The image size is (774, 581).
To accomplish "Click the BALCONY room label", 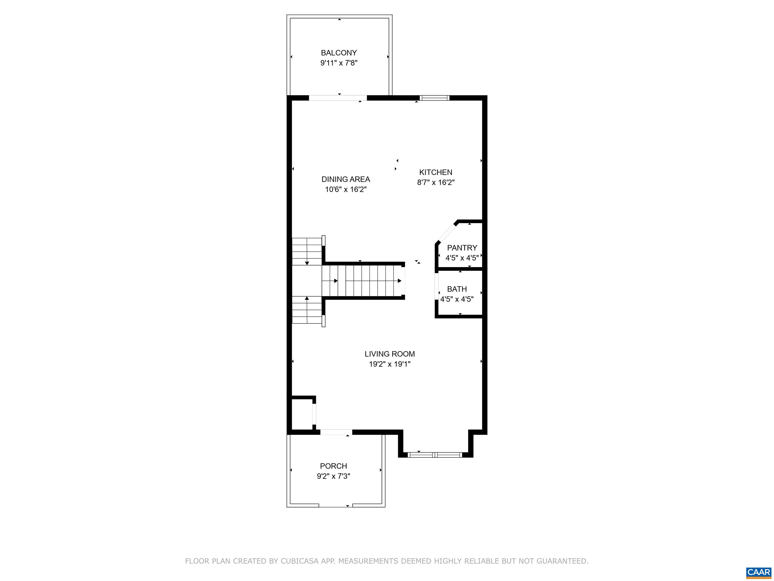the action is coord(339,53).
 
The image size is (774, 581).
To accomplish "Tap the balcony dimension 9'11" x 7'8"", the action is coord(339,63).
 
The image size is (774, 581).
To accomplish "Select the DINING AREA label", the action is coord(346,179).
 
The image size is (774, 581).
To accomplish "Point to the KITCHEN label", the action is coord(436,172).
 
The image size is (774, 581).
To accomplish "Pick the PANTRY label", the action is coord(462,248).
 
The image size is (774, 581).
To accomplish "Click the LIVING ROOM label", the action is coord(390,354).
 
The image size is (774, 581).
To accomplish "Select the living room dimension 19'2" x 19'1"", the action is coord(390,364).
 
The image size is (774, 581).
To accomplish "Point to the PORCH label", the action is coord(334,466).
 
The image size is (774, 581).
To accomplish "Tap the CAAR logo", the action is coord(759,572).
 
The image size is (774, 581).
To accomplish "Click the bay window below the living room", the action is coord(435,455).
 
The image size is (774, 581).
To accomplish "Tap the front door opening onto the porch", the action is coord(336,432).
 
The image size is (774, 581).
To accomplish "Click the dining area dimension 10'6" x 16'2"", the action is coord(346,189).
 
